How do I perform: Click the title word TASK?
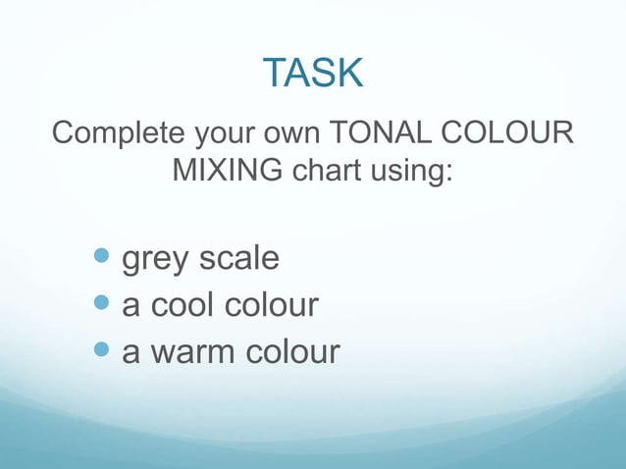point(313,73)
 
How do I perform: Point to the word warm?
point(191,351)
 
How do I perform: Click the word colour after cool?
point(274,305)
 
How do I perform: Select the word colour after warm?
point(290,351)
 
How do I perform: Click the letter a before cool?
point(130,307)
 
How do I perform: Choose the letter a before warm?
point(130,353)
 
